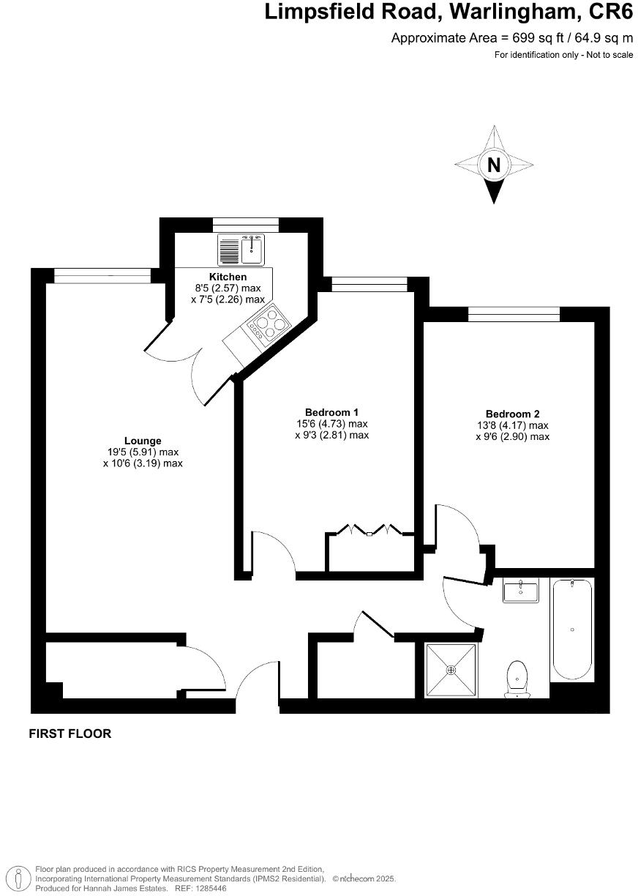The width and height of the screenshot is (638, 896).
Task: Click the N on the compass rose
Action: [494, 165]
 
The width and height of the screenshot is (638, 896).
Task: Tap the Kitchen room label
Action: [228, 277]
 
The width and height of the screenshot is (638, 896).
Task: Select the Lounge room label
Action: [143, 441]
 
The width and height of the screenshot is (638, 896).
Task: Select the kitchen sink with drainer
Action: [241, 250]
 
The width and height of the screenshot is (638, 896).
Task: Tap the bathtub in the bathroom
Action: [571, 630]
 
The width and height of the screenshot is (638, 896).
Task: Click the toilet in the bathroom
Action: [517, 678]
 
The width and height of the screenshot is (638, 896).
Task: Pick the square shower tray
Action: [451, 670]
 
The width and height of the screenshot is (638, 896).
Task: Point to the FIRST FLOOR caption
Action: [70, 733]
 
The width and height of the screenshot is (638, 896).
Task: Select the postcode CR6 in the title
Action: [612, 12]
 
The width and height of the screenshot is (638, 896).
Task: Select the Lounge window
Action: [102, 275]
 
